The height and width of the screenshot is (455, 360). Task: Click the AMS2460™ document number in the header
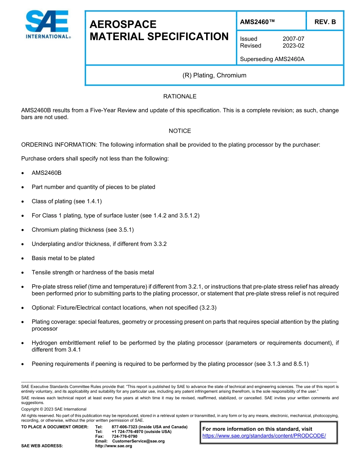tap(257, 22)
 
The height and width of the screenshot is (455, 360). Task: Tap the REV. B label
tap(325, 22)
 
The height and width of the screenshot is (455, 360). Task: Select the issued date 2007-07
tap(293, 39)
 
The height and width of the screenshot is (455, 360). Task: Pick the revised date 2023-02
tap(293, 45)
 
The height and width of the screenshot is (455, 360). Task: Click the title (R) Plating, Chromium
tap(214, 75)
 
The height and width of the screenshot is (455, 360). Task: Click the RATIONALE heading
tap(180, 96)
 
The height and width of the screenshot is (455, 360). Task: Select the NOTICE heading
tap(180, 131)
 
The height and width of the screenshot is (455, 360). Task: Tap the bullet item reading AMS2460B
tap(47, 173)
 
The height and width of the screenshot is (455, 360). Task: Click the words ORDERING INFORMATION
tap(59, 144)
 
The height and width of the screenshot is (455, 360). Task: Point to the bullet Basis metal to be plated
tap(63, 258)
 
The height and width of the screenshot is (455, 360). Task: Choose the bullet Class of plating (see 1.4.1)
tap(67, 201)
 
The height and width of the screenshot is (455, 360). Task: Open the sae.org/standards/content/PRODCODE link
tap(264, 436)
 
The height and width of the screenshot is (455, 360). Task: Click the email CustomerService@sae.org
tap(138, 441)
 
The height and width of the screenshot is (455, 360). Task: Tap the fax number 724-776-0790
tap(124, 436)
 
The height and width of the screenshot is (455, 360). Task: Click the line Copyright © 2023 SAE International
tap(54, 409)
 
